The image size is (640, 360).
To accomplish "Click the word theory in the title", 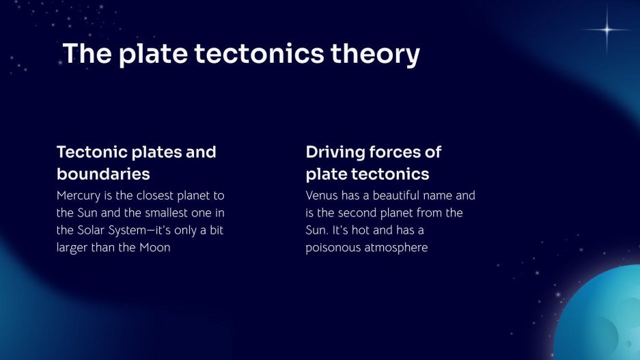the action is tap(375, 54).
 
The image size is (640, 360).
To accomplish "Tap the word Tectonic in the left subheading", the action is tap(92, 152).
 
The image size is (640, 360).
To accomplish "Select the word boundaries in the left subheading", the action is tap(103, 174).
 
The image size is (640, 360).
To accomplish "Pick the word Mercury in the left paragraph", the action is tap(79, 196).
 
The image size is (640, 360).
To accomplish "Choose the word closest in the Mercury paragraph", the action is tap(154, 195).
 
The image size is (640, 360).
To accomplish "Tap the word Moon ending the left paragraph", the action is tap(154, 248).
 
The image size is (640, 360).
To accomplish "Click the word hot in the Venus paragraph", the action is tap(361, 230).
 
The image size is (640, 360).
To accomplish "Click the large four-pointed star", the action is tap(607, 29).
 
